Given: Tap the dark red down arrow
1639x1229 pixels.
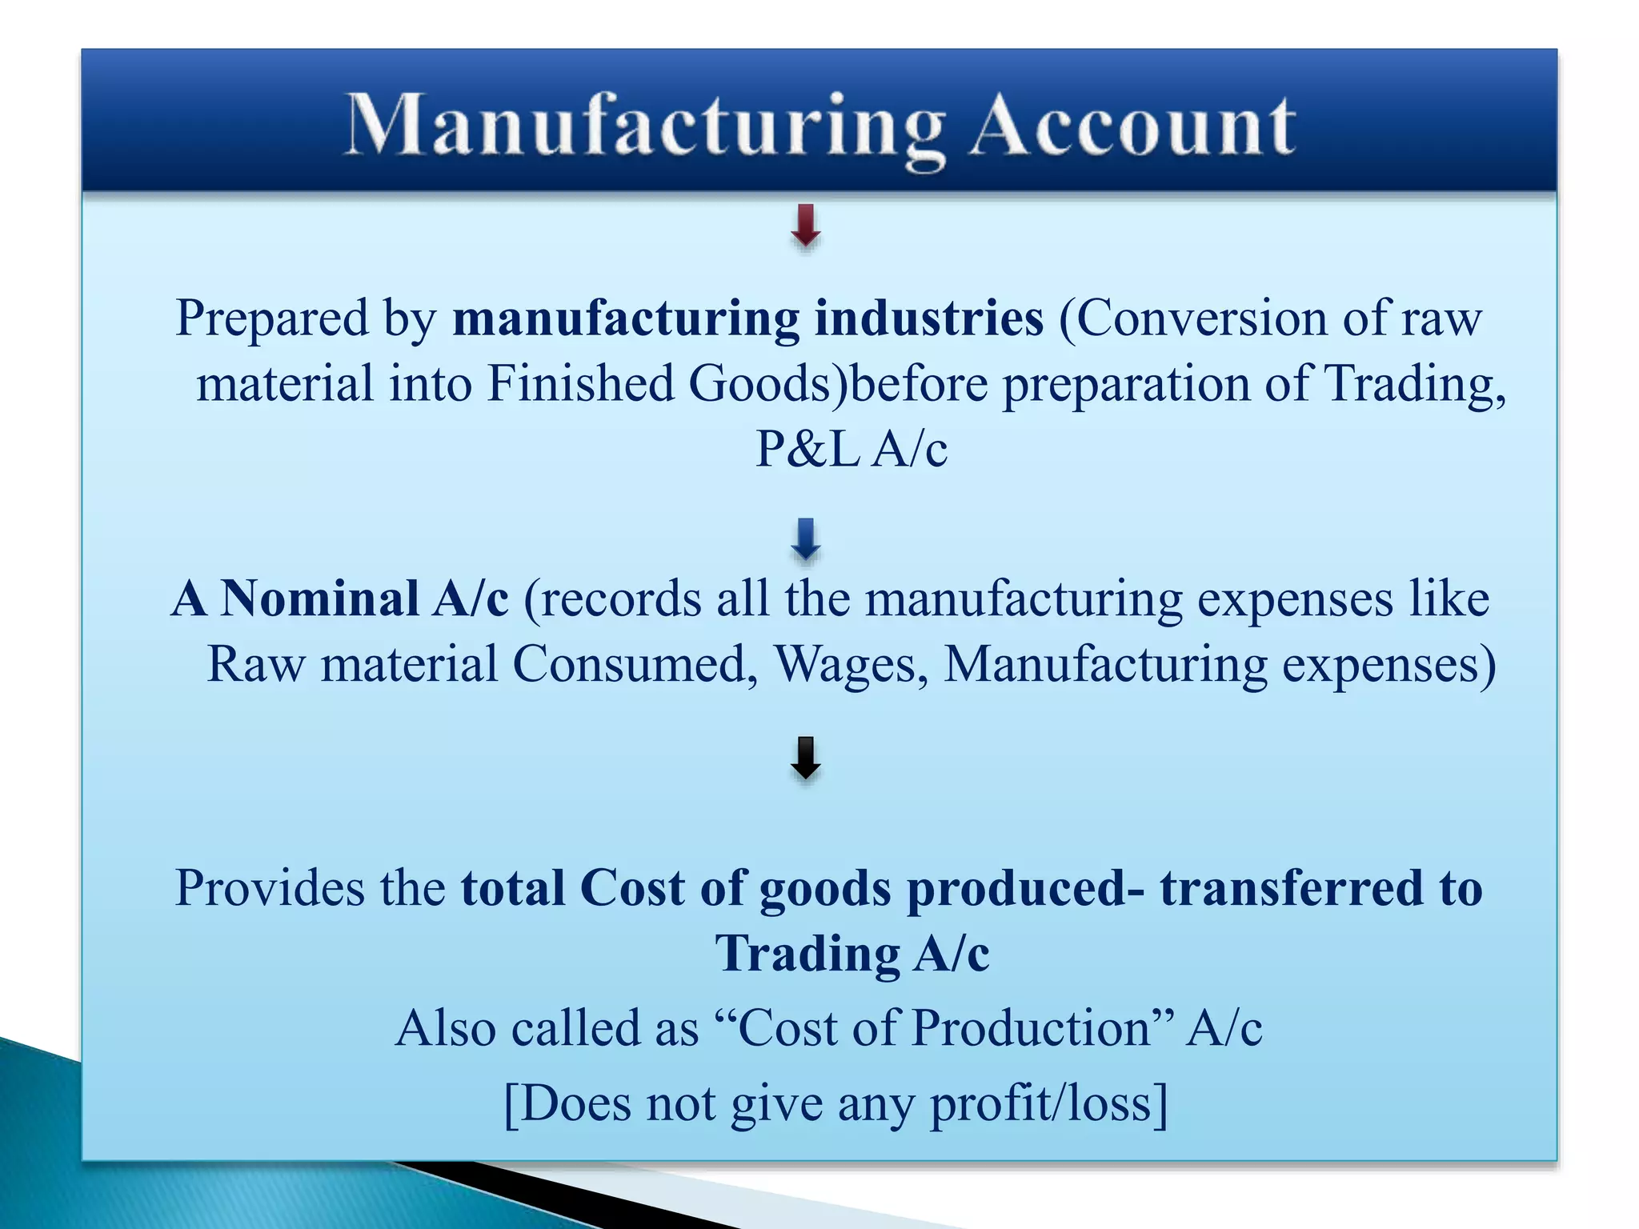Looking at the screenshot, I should pyautogui.click(x=806, y=226).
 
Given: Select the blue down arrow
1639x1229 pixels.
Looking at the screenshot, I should pyautogui.click(x=806, y=539).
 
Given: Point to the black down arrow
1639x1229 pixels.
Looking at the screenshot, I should pyautogui.click(x=806, y=758).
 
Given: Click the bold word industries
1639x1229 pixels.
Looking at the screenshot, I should pyautogui.click(x=929, y=318).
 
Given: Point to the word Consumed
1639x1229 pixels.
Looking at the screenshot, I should pyautogui.click(x=635, y=664).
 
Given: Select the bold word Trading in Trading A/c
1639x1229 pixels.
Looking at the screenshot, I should pyautogui.click(x=807, y=954).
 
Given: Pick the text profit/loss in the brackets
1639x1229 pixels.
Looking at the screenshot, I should pyautogui.click(x=1040, y=1104).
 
